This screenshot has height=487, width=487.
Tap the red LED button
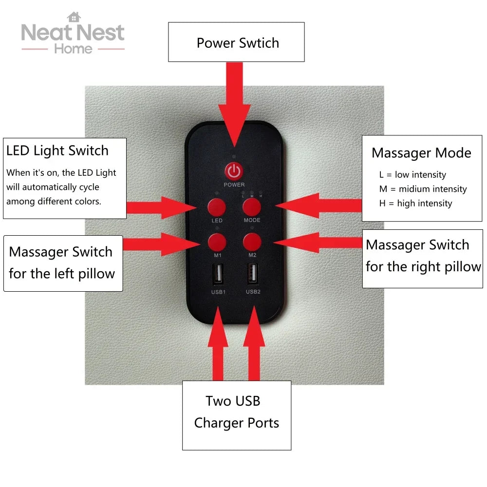click(x=217, y=207)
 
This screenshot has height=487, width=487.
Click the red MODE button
click(x=252, y=207)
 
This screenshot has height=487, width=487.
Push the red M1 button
click(x=217, y=242)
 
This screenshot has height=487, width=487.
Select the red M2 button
click(x=252, y=242)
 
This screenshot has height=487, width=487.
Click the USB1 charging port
click(x=218, y=274)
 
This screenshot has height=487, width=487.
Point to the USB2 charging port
click(x=252, y=274)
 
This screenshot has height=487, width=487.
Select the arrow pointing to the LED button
click(x=161, y=208)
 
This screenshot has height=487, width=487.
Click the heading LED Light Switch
click(x=57, y=150)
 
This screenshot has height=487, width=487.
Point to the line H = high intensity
click(x=415, y=204)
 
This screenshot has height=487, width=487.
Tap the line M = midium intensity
click(x=423, y=189)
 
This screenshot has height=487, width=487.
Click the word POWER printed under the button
click(x=234, y=185)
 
